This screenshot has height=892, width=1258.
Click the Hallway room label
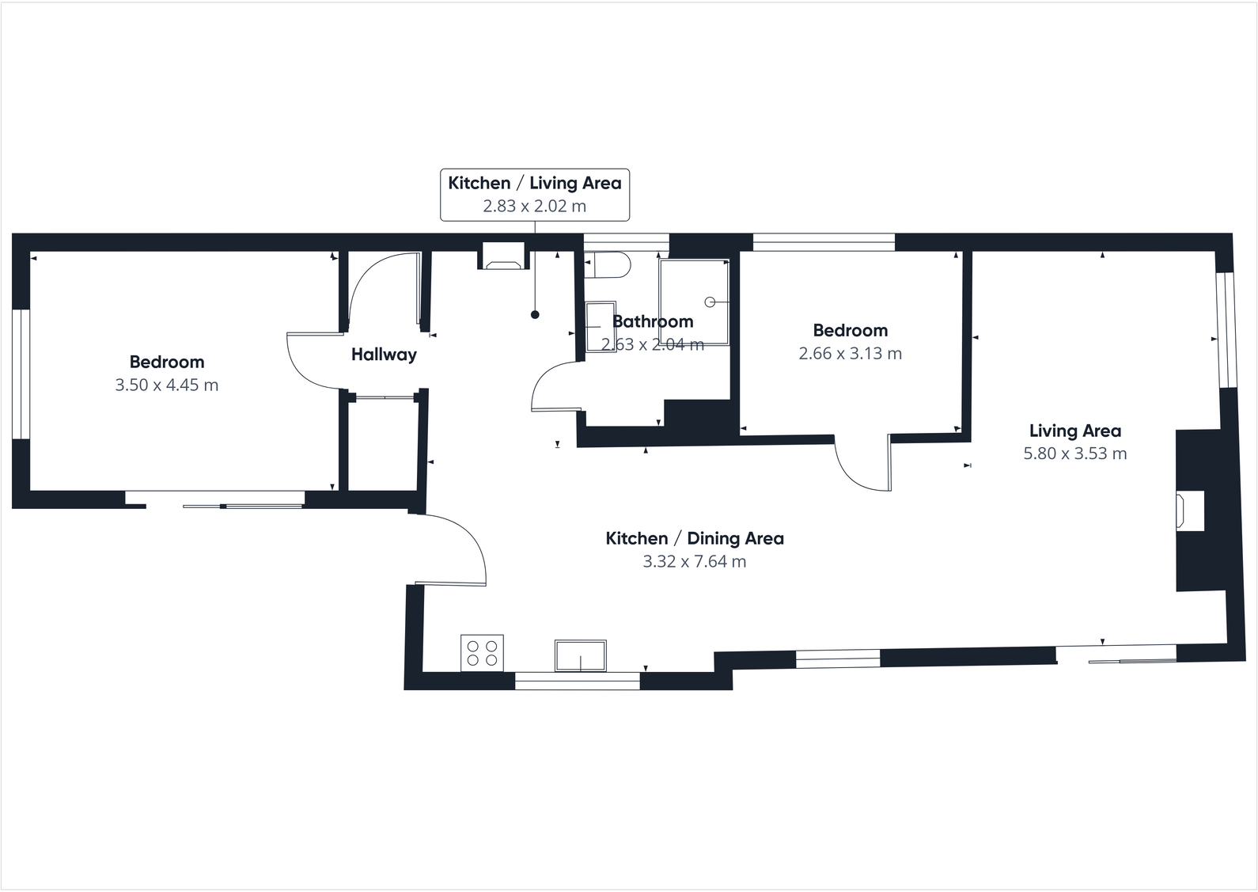pos(384,355)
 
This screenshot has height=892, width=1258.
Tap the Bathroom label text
pos(653,321)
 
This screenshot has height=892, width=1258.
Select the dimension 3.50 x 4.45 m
pos(166,385)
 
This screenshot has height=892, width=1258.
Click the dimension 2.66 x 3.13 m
pos(850,354)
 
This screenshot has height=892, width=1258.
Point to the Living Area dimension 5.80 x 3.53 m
pos(1074,454)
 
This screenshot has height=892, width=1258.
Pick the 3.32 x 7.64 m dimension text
pos(694,562)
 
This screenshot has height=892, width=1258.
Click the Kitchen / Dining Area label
pos(694,539)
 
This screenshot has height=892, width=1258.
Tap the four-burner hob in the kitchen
pos(482,653)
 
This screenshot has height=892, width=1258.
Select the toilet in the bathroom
pos(607,264)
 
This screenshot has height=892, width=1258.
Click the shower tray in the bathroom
pos(694,302)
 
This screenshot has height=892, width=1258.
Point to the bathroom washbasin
pos(600,326)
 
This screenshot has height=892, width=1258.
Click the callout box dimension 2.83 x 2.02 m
pos(535,207)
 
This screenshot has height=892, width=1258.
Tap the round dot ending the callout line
pos(535,315)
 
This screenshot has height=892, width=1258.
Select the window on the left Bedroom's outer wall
pos(21,374)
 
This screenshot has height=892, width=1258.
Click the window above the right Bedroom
pos(823,241)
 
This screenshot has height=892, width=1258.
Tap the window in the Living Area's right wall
pos(1226,330)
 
